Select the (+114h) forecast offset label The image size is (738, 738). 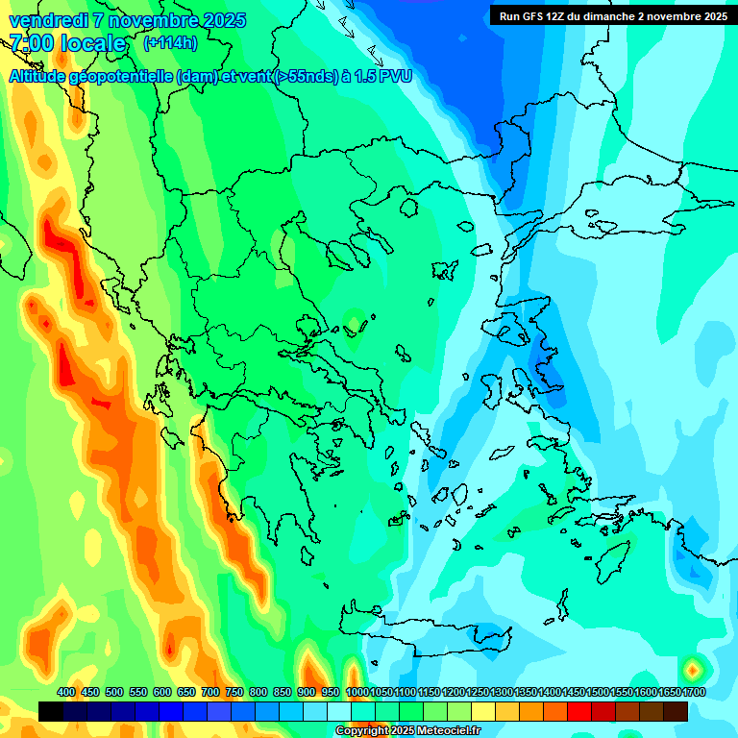coord(170,43)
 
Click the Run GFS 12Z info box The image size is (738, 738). coord(612,15)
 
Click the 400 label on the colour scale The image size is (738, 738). coord(66,692)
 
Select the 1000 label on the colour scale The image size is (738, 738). coord(357,692)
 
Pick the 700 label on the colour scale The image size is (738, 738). coord(210,692)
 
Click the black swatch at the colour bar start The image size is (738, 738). coord(51,711)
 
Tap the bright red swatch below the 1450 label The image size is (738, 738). coord(579,711)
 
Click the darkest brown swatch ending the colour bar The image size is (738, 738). coord(676,711)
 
